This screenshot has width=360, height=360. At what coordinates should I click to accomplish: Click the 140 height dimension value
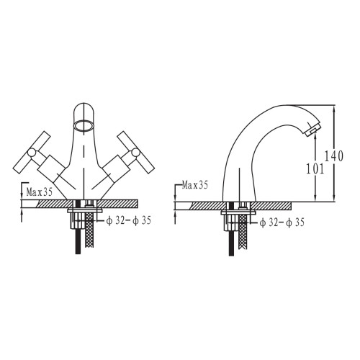coord(334,156)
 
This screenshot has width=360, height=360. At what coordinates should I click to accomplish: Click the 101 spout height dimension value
coord(315,169)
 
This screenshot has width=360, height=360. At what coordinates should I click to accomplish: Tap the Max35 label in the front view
coord(40,192)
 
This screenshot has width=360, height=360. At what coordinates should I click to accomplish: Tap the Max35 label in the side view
coord(194,185)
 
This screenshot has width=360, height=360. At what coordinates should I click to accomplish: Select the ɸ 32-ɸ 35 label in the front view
coord(129,220)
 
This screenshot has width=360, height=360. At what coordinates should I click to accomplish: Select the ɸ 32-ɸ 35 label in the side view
coord(282,222)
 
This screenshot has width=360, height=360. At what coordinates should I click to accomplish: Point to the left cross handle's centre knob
coord(32,153)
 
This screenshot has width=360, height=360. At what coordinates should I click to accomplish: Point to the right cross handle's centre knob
coord(135,153)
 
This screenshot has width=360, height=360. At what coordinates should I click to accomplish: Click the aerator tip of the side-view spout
coord(312,129)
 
